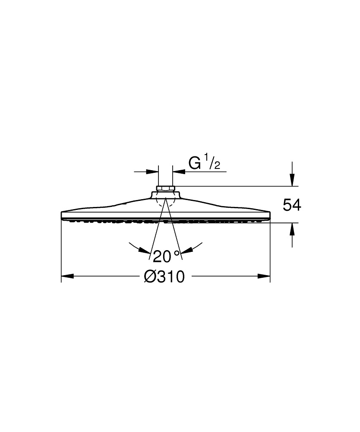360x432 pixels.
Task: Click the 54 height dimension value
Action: [292, 205]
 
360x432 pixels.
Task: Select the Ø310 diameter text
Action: [164, 277]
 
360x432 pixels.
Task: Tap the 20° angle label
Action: [166, 256]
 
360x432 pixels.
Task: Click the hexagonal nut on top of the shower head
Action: [165, 188]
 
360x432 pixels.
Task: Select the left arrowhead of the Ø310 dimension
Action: [67, 276]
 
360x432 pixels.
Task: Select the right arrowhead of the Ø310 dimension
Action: [264, 276]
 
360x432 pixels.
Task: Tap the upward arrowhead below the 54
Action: [292, 229]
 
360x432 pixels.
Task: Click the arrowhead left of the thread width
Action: [152, 172]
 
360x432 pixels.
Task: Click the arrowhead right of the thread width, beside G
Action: [178, 172]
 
